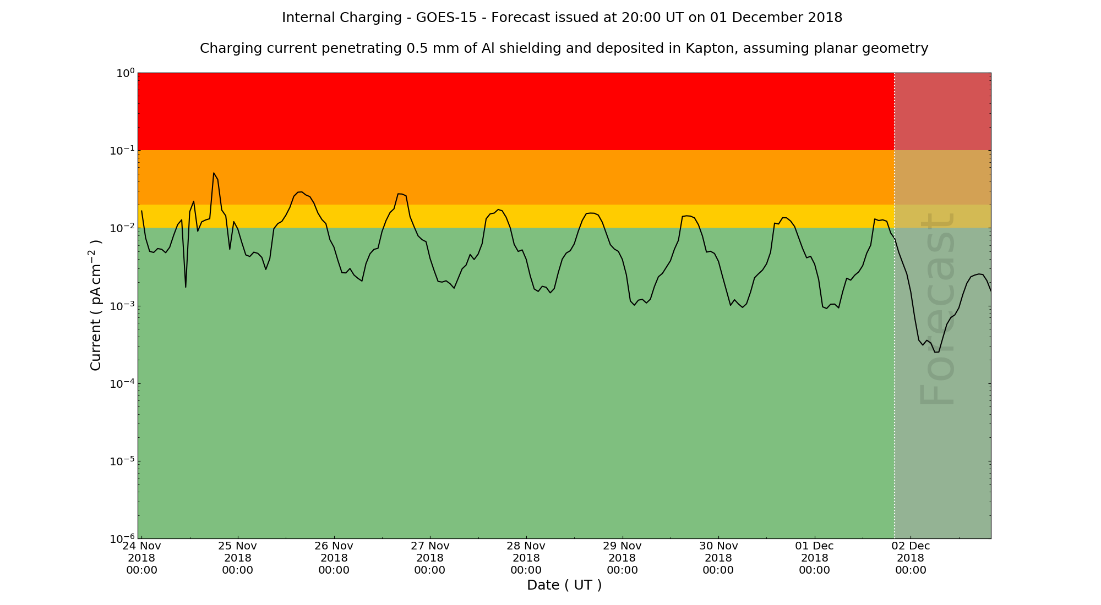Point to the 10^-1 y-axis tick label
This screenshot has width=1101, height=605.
(122, 150)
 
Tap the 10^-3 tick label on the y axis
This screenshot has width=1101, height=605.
(122, 306)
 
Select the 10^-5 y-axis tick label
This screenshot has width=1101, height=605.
(122, 461)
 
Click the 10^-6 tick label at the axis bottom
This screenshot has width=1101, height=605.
(122, 538)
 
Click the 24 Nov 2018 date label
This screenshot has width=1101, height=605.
(141, 558)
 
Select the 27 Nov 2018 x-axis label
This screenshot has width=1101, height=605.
(430, 558)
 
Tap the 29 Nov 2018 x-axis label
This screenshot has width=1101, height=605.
(622, 558)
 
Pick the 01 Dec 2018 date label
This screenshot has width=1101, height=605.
(814, 558)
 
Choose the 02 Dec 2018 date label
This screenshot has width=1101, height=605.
(911, 558)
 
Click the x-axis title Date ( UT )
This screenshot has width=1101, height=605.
(564, 585)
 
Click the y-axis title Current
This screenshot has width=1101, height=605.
(96, 305)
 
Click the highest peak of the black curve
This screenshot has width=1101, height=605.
(214, 173)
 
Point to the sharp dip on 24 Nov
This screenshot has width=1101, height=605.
(186, 287)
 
